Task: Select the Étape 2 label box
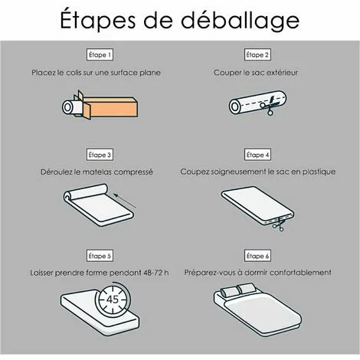click(258, 55)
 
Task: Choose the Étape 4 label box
click(258, 154)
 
